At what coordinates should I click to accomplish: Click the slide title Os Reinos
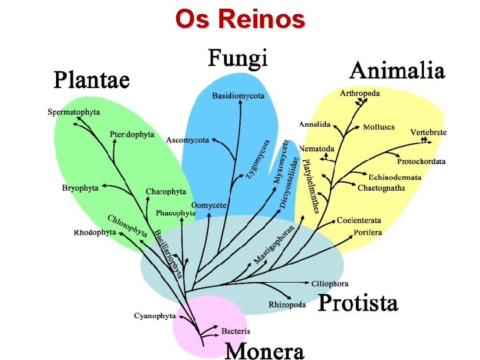coord(240,19)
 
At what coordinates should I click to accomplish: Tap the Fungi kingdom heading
coord(238,59)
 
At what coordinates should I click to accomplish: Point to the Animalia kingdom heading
coord(397,70)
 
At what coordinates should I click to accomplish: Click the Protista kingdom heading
coord(358,303)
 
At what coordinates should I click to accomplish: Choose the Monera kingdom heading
coord(264,350)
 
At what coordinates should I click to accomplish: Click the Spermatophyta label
coord(74,112)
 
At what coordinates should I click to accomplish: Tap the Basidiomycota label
coord(238,96)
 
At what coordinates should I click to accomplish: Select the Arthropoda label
coord(360,93)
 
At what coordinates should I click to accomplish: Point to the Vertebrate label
coord(428,133)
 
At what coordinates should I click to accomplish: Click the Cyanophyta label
coord(155,315)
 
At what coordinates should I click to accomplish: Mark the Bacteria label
coord(236,331)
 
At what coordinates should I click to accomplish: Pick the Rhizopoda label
coord(287,305)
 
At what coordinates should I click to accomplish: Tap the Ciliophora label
coord(330,284)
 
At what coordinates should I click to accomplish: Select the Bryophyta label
coord(80,188)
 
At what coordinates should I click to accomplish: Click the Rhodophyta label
coord(95,233)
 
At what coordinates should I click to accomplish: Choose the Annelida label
coord(315,124)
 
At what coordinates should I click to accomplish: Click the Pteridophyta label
coord(132,135)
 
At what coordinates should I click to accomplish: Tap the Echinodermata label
coord(395,177)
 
